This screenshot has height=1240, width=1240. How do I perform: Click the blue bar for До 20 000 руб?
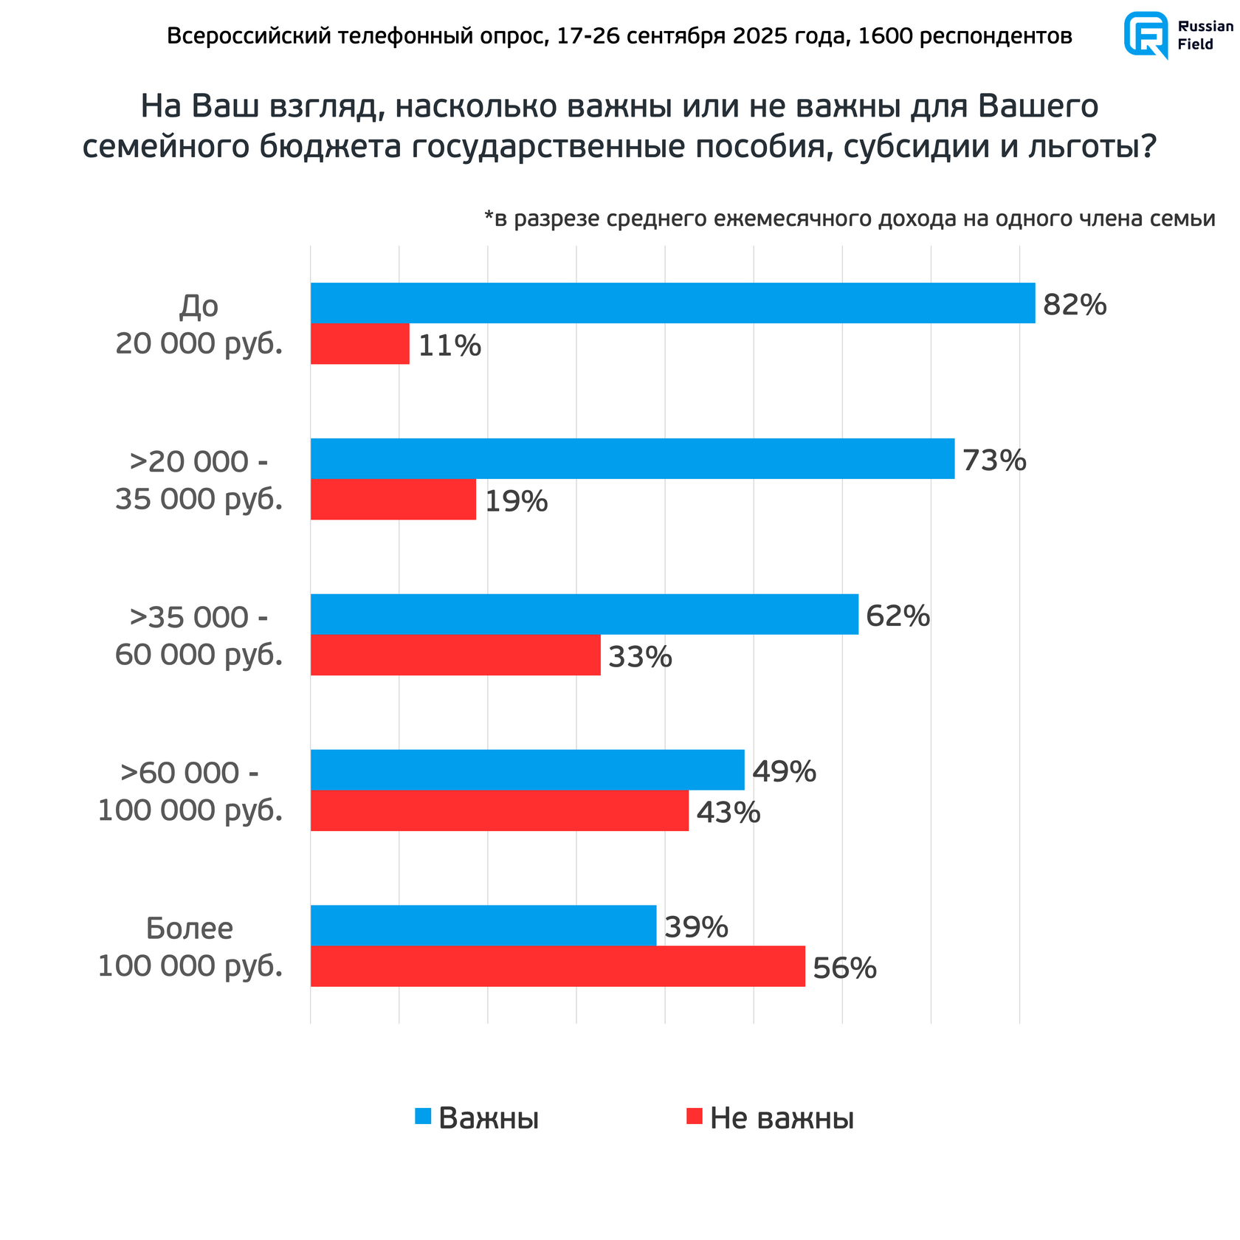click(672, 303)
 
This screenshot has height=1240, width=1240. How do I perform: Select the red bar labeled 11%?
click(359, 344)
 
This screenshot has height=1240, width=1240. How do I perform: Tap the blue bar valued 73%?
click(632, 458)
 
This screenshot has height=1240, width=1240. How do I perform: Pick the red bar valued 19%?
click(393, 500)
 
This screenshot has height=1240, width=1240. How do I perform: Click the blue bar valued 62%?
click(584, 614)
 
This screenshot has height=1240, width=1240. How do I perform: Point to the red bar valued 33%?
click(455, 655)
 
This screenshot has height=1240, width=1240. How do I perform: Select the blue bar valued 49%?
click(527, 770)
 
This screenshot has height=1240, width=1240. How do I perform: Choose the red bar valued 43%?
click(499, 810)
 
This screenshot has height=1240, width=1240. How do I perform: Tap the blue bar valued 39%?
click(483, 925)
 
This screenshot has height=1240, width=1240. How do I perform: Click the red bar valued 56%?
click(557, 966)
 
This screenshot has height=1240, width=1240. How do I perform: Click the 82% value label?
click(1075, 305)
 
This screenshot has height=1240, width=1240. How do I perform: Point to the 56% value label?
click(844, 968)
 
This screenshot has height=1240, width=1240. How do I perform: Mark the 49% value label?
click(784, 772)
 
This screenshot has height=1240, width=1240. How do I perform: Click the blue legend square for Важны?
click(423, 1117)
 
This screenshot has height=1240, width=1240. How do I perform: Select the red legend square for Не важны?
click(694, 1117)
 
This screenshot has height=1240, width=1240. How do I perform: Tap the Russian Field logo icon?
click(1146, 35)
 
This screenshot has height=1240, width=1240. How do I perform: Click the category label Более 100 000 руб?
click(190, 947)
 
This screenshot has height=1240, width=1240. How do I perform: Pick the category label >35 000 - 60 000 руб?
click(199, 635)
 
